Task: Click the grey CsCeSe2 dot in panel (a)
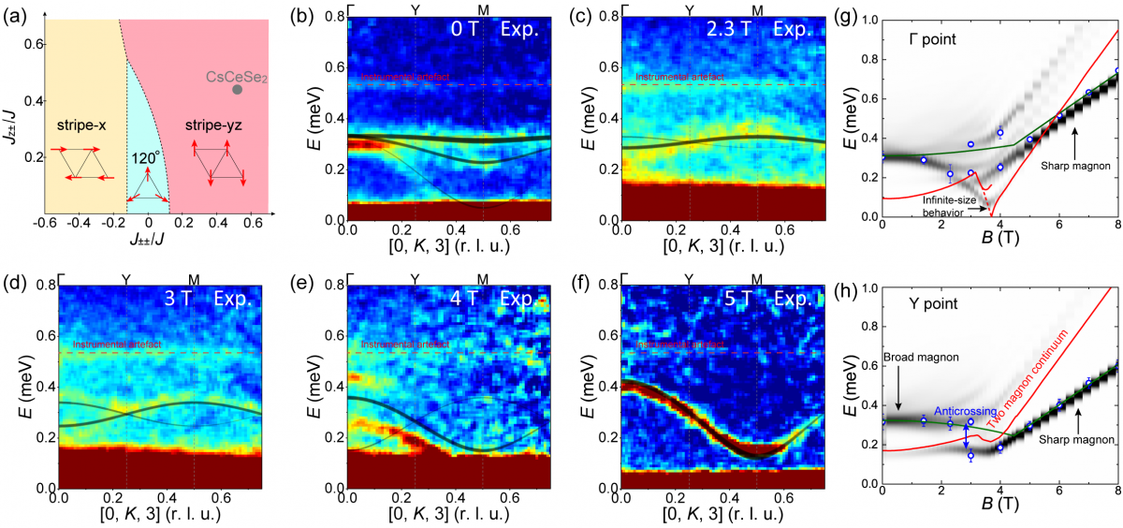pyautogui.click(x=237, y=89)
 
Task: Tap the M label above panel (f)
pyautogui.click(x=757, y=280)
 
